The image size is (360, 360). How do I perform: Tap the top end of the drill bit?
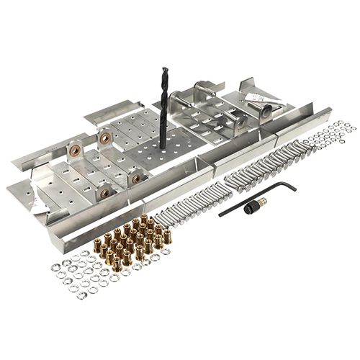pyautogui.click(x=164, y=71)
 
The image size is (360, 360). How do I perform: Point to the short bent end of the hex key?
pyautogui.click(x=290, y=186)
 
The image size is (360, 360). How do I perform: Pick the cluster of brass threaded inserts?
pyautogui.click(x=133, y=238)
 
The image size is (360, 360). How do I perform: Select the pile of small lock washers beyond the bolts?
pyautogui.click(x=328, y=137)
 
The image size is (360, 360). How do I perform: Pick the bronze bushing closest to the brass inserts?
pyautogui.click(x=105, y=193)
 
